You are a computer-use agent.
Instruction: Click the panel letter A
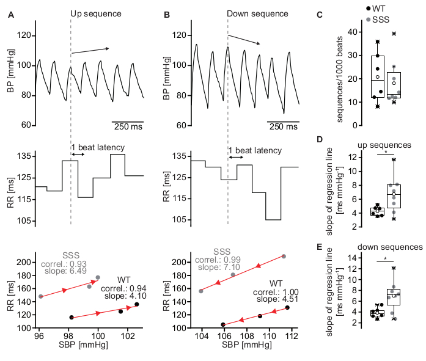tap(10, 13)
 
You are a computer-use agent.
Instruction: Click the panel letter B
tap(168, 13)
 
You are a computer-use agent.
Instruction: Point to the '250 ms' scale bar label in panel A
tap(127, 127)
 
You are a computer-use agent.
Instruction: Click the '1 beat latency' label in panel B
tap(255, 150)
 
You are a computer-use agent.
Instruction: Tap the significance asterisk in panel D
tap(386, 151)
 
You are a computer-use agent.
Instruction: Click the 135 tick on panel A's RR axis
tap(24, 156)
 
